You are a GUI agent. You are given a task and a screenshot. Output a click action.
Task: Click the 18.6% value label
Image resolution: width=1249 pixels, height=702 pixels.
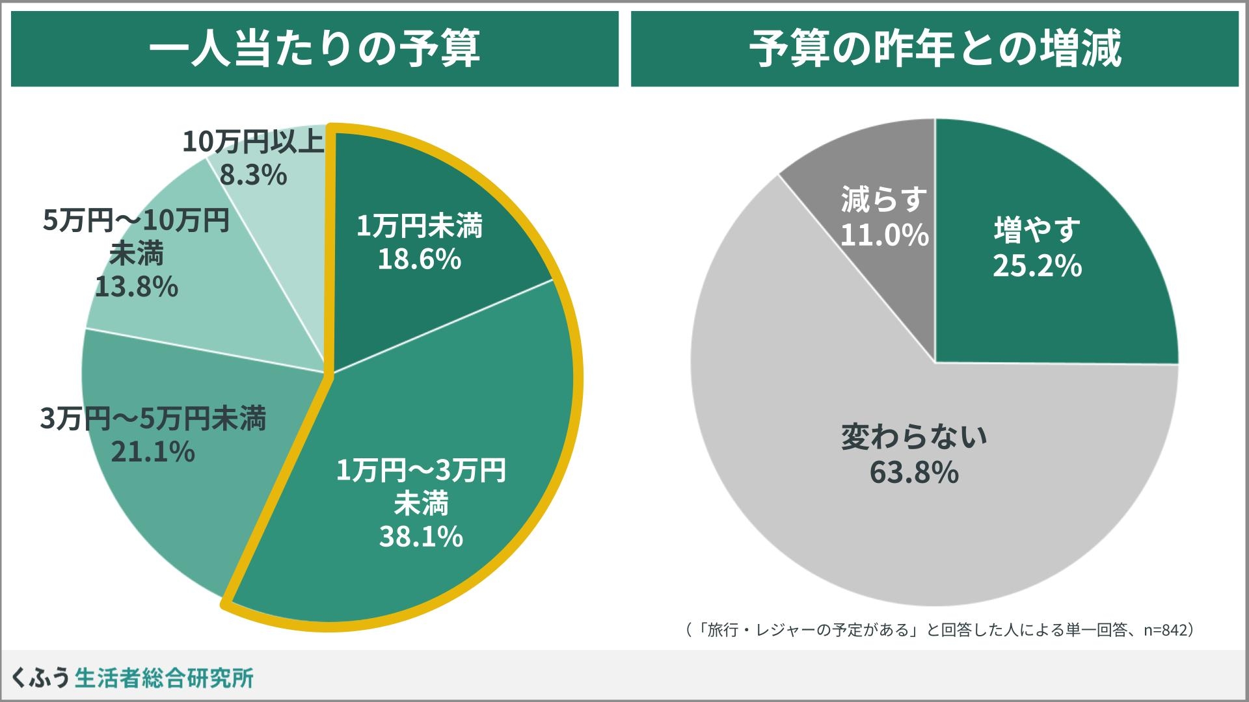(420, 259)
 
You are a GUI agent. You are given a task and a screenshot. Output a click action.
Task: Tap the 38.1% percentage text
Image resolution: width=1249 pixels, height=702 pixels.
(421, 537)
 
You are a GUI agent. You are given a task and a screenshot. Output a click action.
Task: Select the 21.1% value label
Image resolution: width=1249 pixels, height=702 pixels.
(153, 452)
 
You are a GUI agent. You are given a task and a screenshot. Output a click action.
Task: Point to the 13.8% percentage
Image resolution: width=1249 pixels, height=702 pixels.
(137, 287)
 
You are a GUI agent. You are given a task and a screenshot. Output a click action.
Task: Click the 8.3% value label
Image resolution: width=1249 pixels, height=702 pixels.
(253, 175)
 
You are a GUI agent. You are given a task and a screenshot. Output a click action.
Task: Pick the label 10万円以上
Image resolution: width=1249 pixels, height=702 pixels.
(253, 142)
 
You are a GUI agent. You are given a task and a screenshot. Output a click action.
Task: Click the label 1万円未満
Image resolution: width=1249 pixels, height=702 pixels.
(420, 226)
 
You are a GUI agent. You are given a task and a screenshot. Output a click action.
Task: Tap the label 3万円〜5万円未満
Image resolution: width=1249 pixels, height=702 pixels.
(153, 419)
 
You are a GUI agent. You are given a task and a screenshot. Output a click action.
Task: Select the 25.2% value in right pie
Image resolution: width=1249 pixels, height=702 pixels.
(1037, 266)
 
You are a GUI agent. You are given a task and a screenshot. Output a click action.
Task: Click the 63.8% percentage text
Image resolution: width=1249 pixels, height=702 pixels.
(914, 473)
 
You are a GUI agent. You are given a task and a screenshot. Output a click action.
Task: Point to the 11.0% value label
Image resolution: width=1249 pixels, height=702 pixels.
(884, 235)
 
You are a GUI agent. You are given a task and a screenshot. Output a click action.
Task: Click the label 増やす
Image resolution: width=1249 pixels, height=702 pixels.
(1037, 230)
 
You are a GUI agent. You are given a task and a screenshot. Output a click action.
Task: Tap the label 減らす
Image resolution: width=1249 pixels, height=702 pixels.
(884, 200)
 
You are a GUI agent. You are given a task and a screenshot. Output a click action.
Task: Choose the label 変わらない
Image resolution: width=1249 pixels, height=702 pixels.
(914, 437)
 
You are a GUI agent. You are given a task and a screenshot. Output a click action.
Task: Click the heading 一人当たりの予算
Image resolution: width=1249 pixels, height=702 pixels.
(315, 49)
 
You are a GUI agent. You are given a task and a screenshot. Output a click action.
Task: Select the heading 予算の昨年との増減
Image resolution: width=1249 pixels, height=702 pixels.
(935, 49)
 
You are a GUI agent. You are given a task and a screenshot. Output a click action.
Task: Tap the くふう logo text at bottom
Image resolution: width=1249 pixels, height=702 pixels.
(40, 678)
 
